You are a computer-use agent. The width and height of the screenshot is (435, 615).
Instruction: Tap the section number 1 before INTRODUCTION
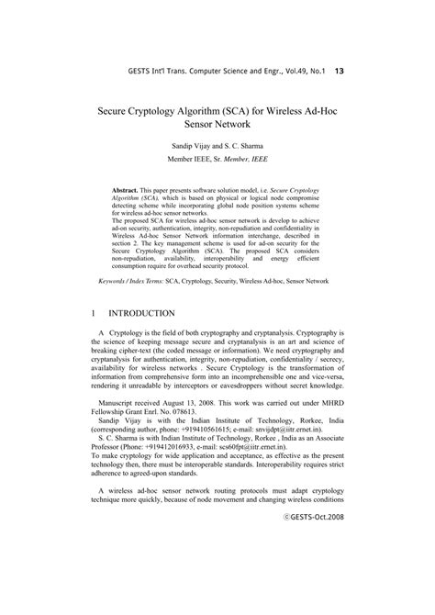(x=96, y=313)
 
